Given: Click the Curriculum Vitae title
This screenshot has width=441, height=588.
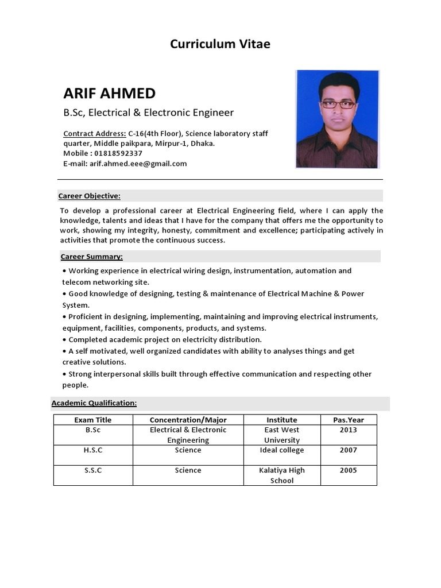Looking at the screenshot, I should pyautogui.click(x=220, y=44).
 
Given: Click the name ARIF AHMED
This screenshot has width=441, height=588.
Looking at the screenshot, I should pyautogui.click(x=109, y=93).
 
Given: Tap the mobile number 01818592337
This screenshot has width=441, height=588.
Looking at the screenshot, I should pyautogui.click(x=117, y=153).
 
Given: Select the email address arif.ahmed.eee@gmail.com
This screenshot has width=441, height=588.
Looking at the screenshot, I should pyautogui.click(x=138, y=164).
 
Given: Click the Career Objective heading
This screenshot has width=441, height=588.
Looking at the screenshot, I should pyautogui.click(x=90, y=196).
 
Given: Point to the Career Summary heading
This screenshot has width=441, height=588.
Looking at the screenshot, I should pyautogui.click(x=92, y=257).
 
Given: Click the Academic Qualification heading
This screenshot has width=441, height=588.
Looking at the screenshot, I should pyautogui.click(x=94, y=403).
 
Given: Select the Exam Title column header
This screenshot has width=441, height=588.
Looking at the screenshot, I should pyautogui.click(x=93, y=420).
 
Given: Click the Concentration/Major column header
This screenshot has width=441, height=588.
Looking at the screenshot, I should pyautogui.click(x=188, y=420).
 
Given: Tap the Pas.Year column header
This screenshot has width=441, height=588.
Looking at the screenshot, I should pyautogui.click(x=348, y=420).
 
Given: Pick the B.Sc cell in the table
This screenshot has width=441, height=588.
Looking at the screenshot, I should pyautogui.click(x=93, y=430).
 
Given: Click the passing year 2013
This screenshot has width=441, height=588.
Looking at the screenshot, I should pyautogui.click(x=348, y=430).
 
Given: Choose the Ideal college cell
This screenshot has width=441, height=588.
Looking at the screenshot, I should pyautogui.click(x=282, y=450).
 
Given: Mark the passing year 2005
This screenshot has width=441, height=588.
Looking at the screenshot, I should pyautogui.click(x=348, y=470).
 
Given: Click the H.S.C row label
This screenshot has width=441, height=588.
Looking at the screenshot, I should pyautogui.click(x=93, y=450).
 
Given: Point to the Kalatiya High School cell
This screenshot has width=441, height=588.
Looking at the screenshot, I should pyautogui.click(x=282, y=475).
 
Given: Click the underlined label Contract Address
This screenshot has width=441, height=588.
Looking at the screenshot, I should pyautogui.click(x=95, y=134).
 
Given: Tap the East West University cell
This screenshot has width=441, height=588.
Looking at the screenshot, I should pyautogui.click(x=282, y=435).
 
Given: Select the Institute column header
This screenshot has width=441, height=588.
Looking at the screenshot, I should pyautogui.click(x=282, y=420).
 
